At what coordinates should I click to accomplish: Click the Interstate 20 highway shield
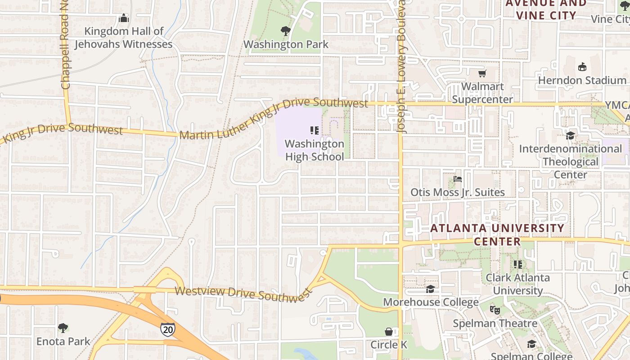167,329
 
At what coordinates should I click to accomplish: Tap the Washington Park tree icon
285,31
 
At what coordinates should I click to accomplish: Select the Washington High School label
315,150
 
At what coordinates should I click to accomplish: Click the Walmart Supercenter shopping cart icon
482,73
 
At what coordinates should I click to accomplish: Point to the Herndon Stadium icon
582,67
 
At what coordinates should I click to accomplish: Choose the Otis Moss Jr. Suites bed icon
458,179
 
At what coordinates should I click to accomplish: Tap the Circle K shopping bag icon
389,332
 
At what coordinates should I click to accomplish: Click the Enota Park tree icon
63,328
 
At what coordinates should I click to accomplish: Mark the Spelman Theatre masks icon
495,310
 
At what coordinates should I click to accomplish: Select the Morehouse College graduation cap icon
431,289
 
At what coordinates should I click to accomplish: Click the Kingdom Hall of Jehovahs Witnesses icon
124,18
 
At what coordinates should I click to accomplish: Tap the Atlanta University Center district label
497,234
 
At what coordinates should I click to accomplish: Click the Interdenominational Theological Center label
571,162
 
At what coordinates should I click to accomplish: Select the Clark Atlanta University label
517,284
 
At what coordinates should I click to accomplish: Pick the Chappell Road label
65,49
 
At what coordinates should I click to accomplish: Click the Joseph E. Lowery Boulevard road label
402,67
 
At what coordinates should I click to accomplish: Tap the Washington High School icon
315,130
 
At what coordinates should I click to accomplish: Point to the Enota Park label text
63,341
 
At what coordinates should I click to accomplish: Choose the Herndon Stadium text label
582,81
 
